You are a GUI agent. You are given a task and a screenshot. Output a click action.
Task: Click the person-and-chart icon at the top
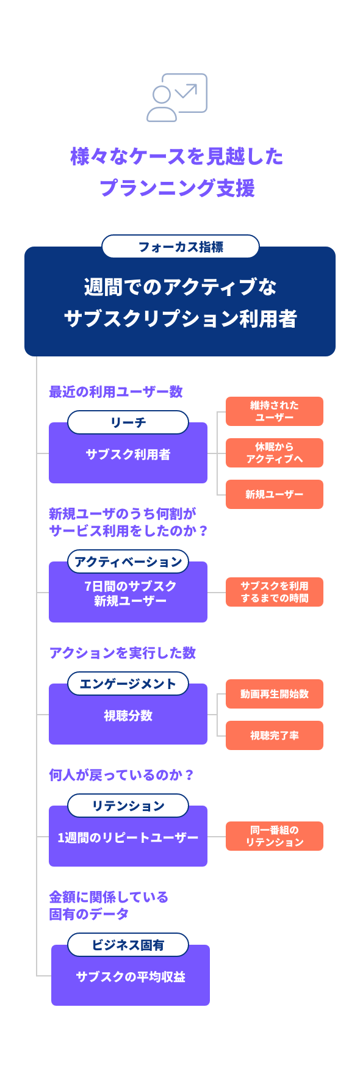[x=177, y=98]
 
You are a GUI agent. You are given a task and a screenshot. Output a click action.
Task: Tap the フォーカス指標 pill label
[x=181, y=247]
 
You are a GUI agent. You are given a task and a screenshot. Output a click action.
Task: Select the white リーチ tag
[x=128, y=422]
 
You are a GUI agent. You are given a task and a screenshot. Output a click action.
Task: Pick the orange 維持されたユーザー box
[x=275, y=411]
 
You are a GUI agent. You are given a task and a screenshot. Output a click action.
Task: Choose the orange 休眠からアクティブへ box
[x=275, y=453]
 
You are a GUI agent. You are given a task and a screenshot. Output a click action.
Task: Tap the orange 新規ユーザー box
[x=275, y=494]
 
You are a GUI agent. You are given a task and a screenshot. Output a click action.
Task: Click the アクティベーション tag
[x=128, y=561]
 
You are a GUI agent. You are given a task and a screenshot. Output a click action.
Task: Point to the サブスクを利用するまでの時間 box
[x=275, y=592]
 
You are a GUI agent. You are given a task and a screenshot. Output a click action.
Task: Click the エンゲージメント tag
[x=128, y=684]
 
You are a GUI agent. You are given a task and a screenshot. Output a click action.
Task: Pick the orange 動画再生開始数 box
[x=275, y=694]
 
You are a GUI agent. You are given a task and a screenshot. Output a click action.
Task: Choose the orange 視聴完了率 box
[x=275, y=735]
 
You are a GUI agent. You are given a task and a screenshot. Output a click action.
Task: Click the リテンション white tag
[x=128, y=806]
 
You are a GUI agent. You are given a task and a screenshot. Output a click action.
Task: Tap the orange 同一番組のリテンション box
[x=275, y=836]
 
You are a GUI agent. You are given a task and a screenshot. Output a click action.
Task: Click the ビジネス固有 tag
[x=128, y=945]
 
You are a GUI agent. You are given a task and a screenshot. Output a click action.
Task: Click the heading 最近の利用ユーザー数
[x=116, y=392]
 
